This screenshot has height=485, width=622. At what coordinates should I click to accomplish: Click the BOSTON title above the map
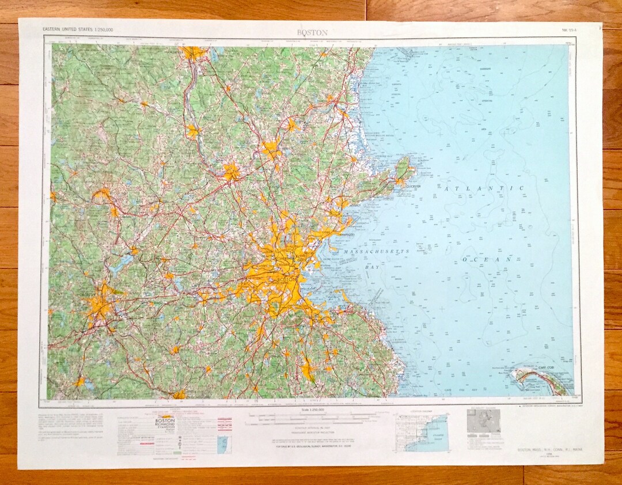coord(312,33)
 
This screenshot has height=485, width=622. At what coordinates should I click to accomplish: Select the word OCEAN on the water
coord(487,260)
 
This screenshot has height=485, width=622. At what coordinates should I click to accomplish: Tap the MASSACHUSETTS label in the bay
coord(376,252)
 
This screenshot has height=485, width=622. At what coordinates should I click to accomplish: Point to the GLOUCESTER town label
coord(411,186)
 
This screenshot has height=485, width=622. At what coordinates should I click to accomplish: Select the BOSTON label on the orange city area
coord(287,279)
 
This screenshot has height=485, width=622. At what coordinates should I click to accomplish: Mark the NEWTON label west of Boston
coord(260,279)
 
